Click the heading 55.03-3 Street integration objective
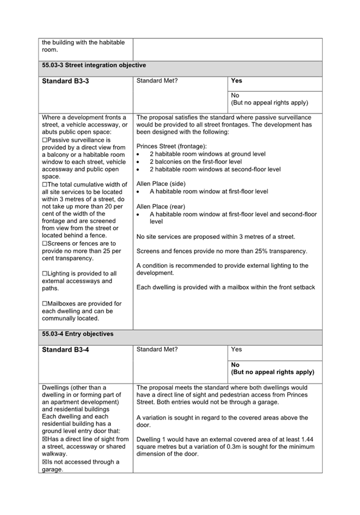click(x=94, y=66)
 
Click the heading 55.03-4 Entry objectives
click(x=78, y=334)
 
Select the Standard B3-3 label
click(x=65, y=81)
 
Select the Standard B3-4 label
click(x=65, y=350)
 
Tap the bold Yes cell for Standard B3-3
click(x=236, y=81)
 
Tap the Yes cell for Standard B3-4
click(x=236, y=350)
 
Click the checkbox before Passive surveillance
click(x=45, y=139)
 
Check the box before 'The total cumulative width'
click(x=45, y=184)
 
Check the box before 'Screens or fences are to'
click(x=45, y=243)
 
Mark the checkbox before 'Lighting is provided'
click(x=45, y=273)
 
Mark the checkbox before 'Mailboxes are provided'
click(x=45, y=303)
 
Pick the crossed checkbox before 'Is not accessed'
click(x=45, y=462)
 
